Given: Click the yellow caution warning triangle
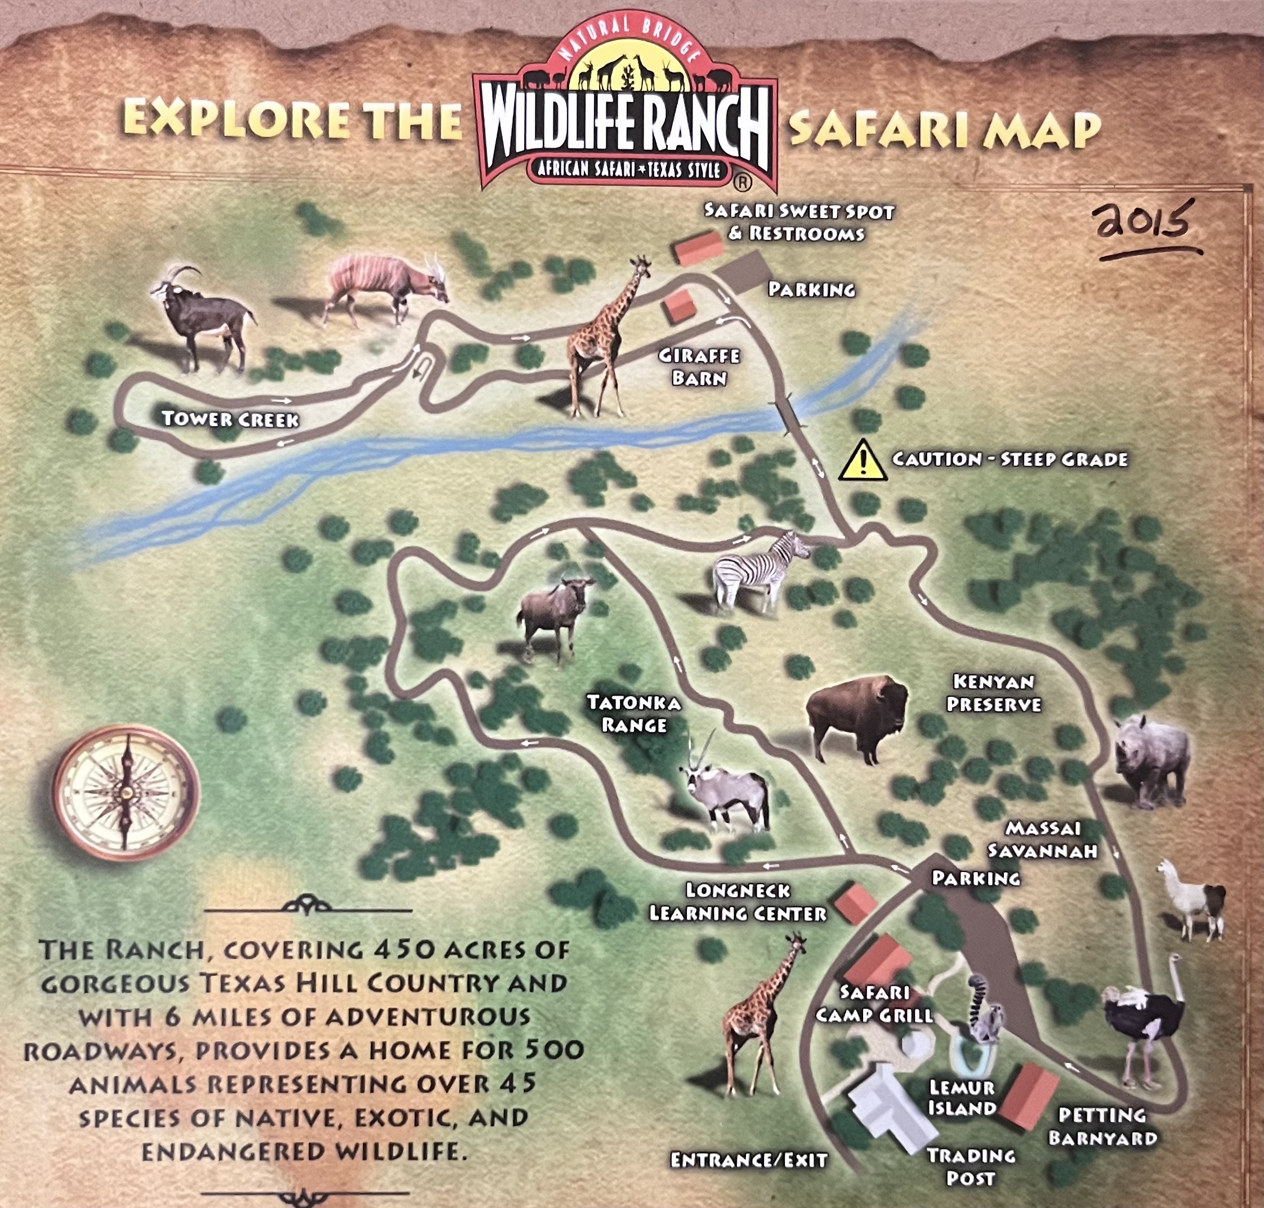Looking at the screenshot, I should (863, 460).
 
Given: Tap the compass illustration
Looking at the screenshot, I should (126, 793).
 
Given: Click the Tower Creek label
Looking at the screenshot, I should (230, 419).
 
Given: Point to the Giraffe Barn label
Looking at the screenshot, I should (699, 366).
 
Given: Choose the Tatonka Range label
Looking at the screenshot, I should (633, 713).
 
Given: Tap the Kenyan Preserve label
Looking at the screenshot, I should (994, 692).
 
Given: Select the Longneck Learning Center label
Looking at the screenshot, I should (738, 901).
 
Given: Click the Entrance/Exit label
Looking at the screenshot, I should (749, 1160).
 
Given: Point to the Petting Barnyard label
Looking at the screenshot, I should (1102, 1126).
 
